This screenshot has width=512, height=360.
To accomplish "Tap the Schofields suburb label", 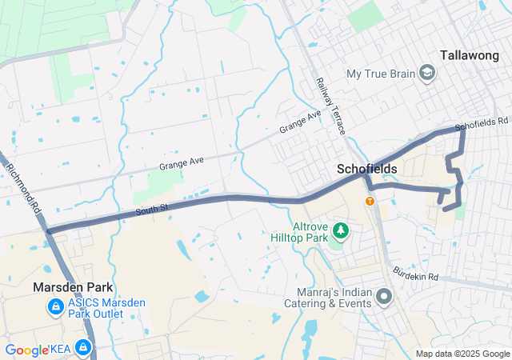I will pos(367,170).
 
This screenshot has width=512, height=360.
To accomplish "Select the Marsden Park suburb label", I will pos(73,287).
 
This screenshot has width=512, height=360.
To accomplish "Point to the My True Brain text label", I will pos(381,74).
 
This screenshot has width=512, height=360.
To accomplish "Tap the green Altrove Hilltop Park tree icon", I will pos(342,231).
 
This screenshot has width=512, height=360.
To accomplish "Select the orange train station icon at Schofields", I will pos(370,201).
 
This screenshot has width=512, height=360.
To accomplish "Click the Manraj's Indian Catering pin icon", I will pos(384,298).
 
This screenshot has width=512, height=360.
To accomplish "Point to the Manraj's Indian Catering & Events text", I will pos(328,298).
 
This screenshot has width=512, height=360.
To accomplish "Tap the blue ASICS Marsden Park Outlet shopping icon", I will pos(55,306).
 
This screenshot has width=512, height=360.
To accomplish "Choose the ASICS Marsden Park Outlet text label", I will pos(95,307).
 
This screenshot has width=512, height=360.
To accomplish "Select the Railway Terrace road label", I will pos(330,106).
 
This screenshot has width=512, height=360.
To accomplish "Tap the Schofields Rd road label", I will pos(482,126).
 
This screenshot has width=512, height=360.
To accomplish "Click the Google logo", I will pos(26,350).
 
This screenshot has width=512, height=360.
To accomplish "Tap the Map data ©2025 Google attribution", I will pos(463,354).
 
